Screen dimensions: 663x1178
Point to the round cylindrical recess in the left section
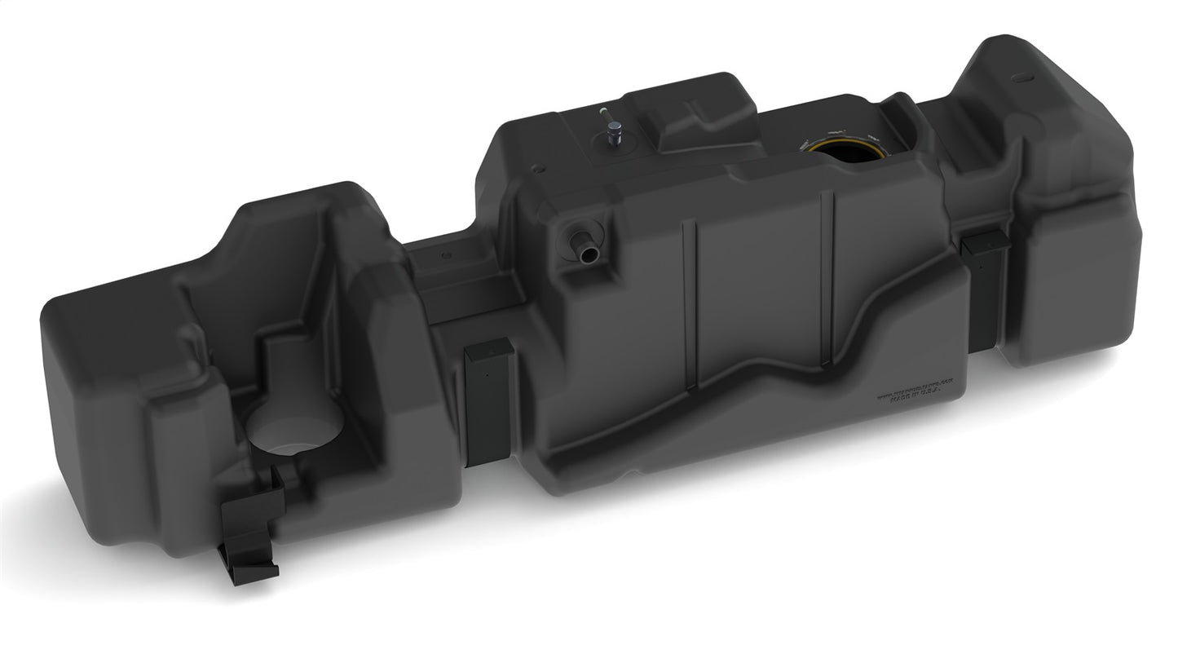pyautogui.click(x=293, y=424)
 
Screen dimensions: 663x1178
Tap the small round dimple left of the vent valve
pyautogui.click(x=537, y=170)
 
